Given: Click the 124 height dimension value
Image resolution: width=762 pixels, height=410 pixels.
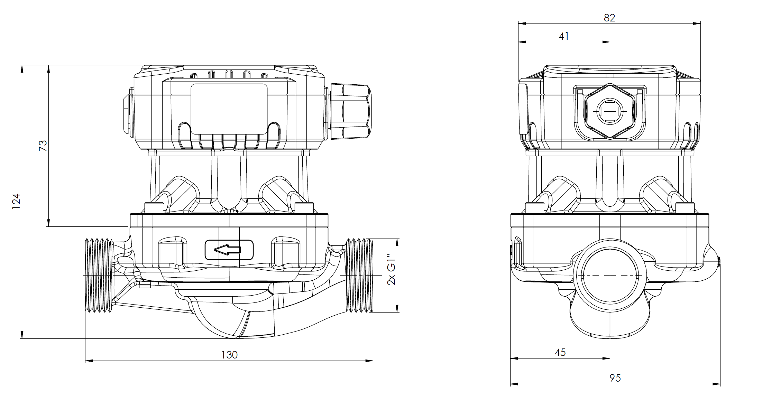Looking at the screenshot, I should tap(16, 201).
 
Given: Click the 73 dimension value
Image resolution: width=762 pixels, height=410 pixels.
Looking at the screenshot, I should tap(43, 146).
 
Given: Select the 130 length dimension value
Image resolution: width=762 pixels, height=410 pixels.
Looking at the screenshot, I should tap(229, 355).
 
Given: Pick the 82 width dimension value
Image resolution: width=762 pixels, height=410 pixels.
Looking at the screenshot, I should tap(609, 18).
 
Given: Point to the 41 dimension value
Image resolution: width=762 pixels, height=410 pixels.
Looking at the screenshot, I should tap(564, 36).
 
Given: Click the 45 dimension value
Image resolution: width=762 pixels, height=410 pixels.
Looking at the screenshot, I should tap(560, 353).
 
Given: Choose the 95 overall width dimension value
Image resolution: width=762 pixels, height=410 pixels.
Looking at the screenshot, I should tap(615, 378).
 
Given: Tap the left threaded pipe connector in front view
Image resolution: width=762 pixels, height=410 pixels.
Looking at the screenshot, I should tap(99, 275).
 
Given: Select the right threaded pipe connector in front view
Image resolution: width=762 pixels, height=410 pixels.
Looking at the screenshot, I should tap(360, 275).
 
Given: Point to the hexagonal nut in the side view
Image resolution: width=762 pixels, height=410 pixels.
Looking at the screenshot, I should tap(610, 111).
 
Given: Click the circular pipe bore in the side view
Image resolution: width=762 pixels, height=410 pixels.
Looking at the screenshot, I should tap(610, 276).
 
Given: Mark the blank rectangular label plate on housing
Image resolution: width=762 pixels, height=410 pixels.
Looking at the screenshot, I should tap(229, 108).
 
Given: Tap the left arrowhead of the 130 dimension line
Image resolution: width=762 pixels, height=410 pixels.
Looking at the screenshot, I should tap(89, 361).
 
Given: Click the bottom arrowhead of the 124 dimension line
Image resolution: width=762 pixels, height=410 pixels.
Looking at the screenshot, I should tap(22, 335).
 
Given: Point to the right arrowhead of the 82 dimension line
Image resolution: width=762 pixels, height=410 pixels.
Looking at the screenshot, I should tap(697, 24).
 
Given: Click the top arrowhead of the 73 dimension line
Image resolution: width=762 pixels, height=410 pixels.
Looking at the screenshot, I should tap(48, 69).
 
